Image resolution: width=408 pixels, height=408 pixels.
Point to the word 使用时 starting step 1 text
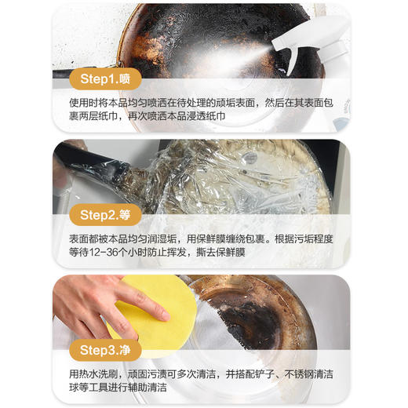78,103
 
